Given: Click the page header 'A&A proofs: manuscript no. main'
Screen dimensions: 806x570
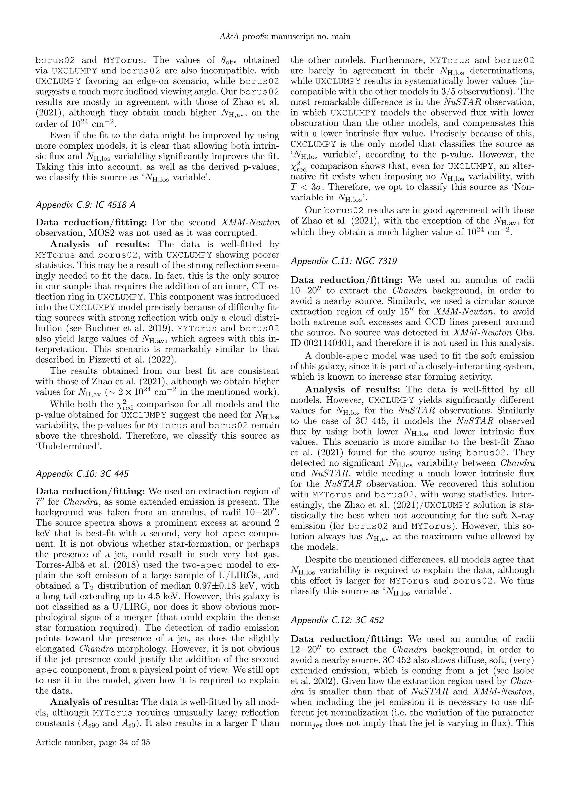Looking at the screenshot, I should [x=285, y=36].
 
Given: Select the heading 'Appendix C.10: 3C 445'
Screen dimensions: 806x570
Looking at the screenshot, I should [x=82, y=474].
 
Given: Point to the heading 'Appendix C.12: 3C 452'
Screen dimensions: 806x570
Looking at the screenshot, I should [x=337, y=620].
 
